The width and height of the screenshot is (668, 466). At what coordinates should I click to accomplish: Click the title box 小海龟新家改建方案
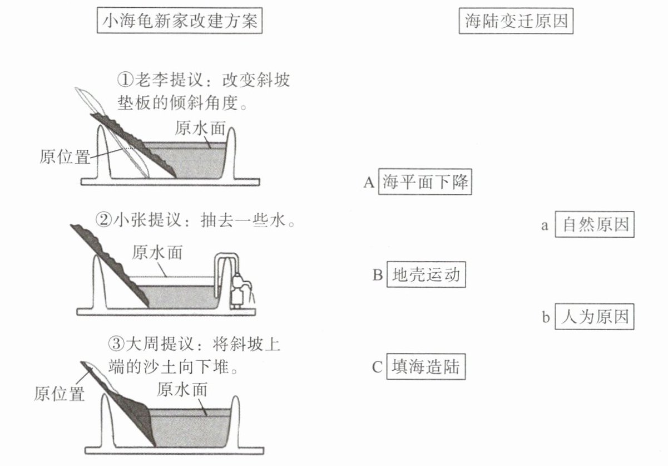click(x=180, y=22)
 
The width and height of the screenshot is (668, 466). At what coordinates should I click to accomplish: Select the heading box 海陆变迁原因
click(x=517, y=22)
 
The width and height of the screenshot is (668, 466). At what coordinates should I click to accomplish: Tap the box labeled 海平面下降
click(x=425, y=182)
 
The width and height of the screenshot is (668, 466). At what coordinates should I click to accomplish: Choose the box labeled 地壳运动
click(x=426, y=274)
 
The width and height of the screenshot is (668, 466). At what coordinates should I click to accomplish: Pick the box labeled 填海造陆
click(x=425, y=366)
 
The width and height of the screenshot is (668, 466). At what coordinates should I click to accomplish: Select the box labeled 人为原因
click(x=595, y=317)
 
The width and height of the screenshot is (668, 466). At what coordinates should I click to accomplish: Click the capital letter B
click(x=378, y=275)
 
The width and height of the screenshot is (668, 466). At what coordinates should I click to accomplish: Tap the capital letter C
click(x=377, y=367)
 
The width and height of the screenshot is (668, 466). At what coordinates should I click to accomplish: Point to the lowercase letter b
click(x=546, y=317)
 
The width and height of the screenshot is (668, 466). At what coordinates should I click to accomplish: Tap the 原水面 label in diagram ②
click(x=157, y=252)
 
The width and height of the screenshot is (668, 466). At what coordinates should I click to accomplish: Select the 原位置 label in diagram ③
click(x=59, y=394)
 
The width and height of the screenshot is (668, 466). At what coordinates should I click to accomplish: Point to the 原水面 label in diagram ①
click(x=200, y=128)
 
